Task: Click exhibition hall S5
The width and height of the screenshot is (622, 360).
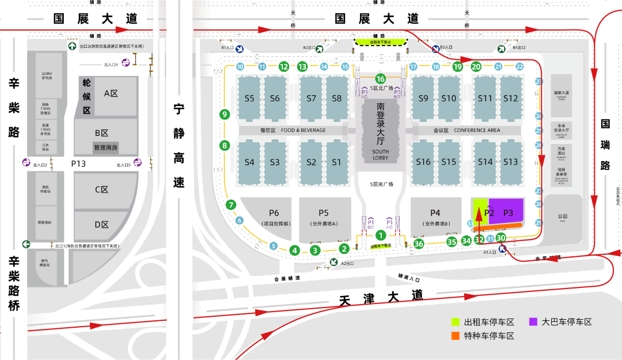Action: click(249, 98)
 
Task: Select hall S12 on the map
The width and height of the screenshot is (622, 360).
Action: click(510, 98)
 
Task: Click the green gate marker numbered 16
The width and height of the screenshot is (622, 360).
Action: click(380, 79)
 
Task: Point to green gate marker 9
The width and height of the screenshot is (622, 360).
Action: click(225, 115)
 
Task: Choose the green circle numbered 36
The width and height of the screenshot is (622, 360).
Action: click(419, 244)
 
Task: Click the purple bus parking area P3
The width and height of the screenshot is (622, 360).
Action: click(508, 213)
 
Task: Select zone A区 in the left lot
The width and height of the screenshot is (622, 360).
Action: click(110, 93)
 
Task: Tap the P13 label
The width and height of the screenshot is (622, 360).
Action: click(78, 164)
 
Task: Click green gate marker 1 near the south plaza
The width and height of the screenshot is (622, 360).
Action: click(380, 234)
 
